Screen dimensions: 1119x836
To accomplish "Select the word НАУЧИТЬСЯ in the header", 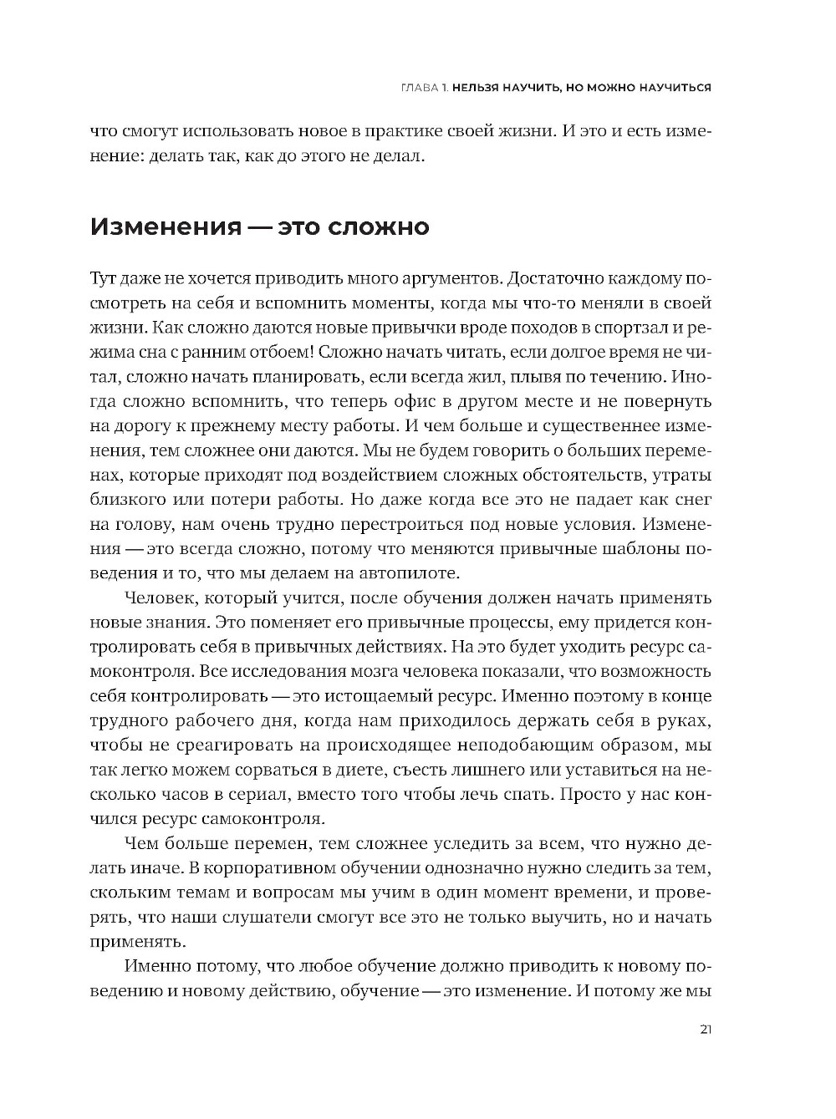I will pos(668,87).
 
